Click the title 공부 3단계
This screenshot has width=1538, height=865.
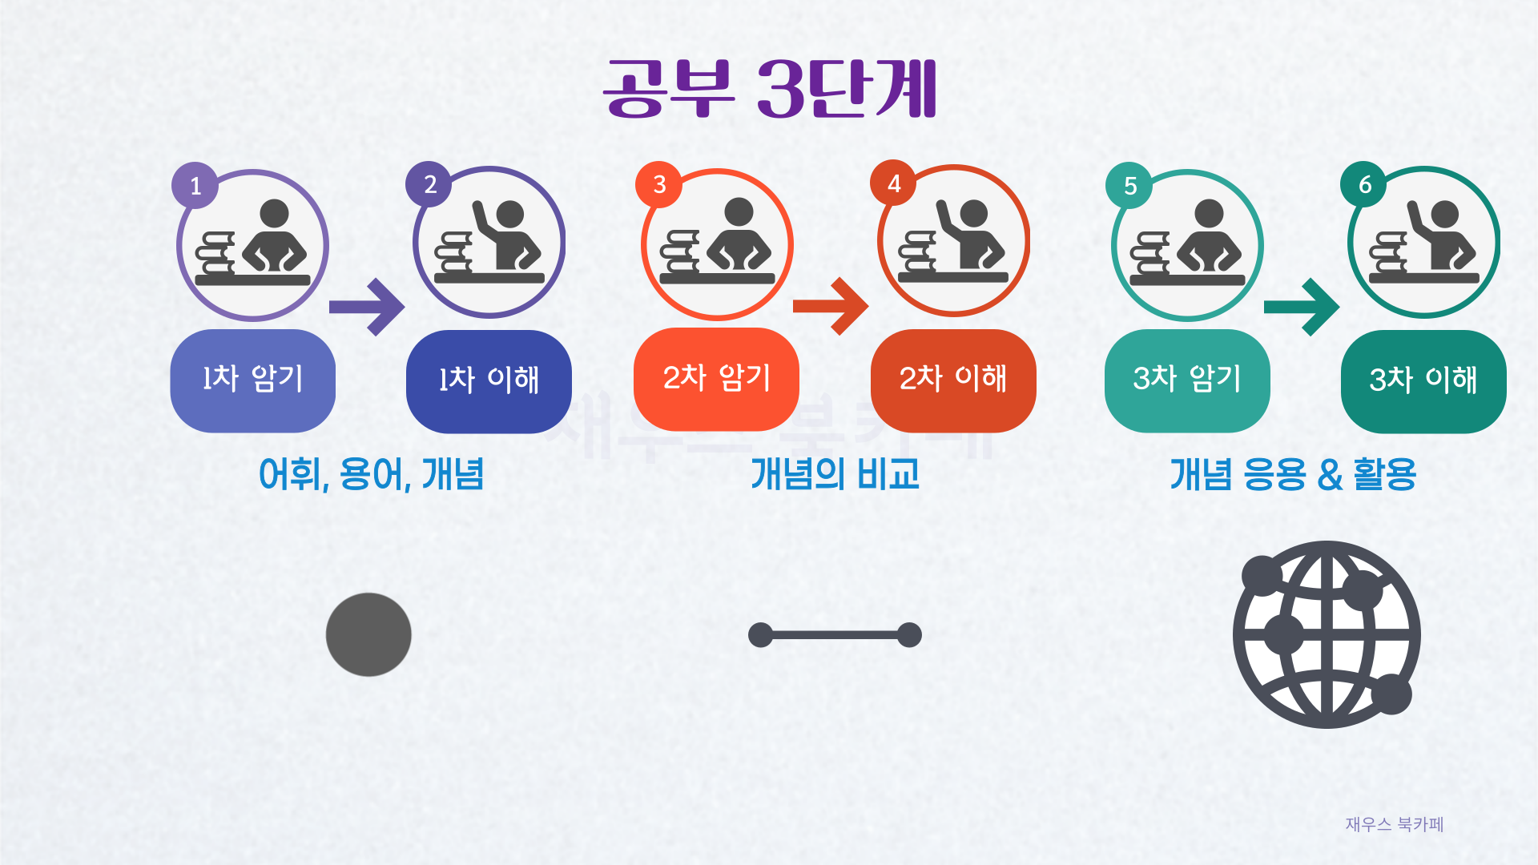coord(770,88)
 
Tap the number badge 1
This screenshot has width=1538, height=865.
coord(195,186)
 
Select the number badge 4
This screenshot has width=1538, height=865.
coord(894,183)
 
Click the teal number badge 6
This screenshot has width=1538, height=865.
coord(1365,184)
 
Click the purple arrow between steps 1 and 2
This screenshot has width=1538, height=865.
coord(368,307)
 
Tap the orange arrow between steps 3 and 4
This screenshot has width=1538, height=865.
coord(831,306)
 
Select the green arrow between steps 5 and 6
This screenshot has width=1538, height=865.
coord(1302,307)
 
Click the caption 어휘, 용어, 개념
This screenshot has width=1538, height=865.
coord(371,474)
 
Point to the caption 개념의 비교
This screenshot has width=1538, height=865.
coord(835,474)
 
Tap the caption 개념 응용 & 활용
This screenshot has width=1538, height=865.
coord(1293,474)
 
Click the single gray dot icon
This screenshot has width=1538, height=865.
coord(368,634)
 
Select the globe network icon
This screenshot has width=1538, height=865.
coord(1327,634)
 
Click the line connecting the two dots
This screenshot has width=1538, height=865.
coord(835,635)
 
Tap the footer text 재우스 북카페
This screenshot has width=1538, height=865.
coord(1394,824)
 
